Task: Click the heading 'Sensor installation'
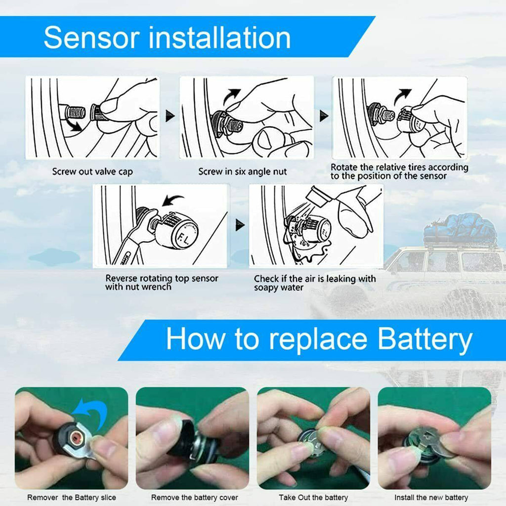[x=167, y=38]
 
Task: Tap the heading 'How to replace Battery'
[x=319, y=339]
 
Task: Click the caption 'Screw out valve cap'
[x=92, y=172]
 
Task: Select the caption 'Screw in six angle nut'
[x=242, y=172]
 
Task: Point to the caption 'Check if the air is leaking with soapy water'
[x=315, y=283]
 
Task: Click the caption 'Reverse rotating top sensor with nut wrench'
[x=162, y=282]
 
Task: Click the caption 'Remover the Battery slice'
[x=71, y=498]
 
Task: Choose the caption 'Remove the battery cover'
[x=194, y=498]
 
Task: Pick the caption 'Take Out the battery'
[x=313, y=498]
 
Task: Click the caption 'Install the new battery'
[x=431, y=498]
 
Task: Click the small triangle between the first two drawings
[x=170, y=116]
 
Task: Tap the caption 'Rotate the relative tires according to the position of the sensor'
[x=399, y=171]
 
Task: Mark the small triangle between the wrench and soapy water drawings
[x=240, y=226]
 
